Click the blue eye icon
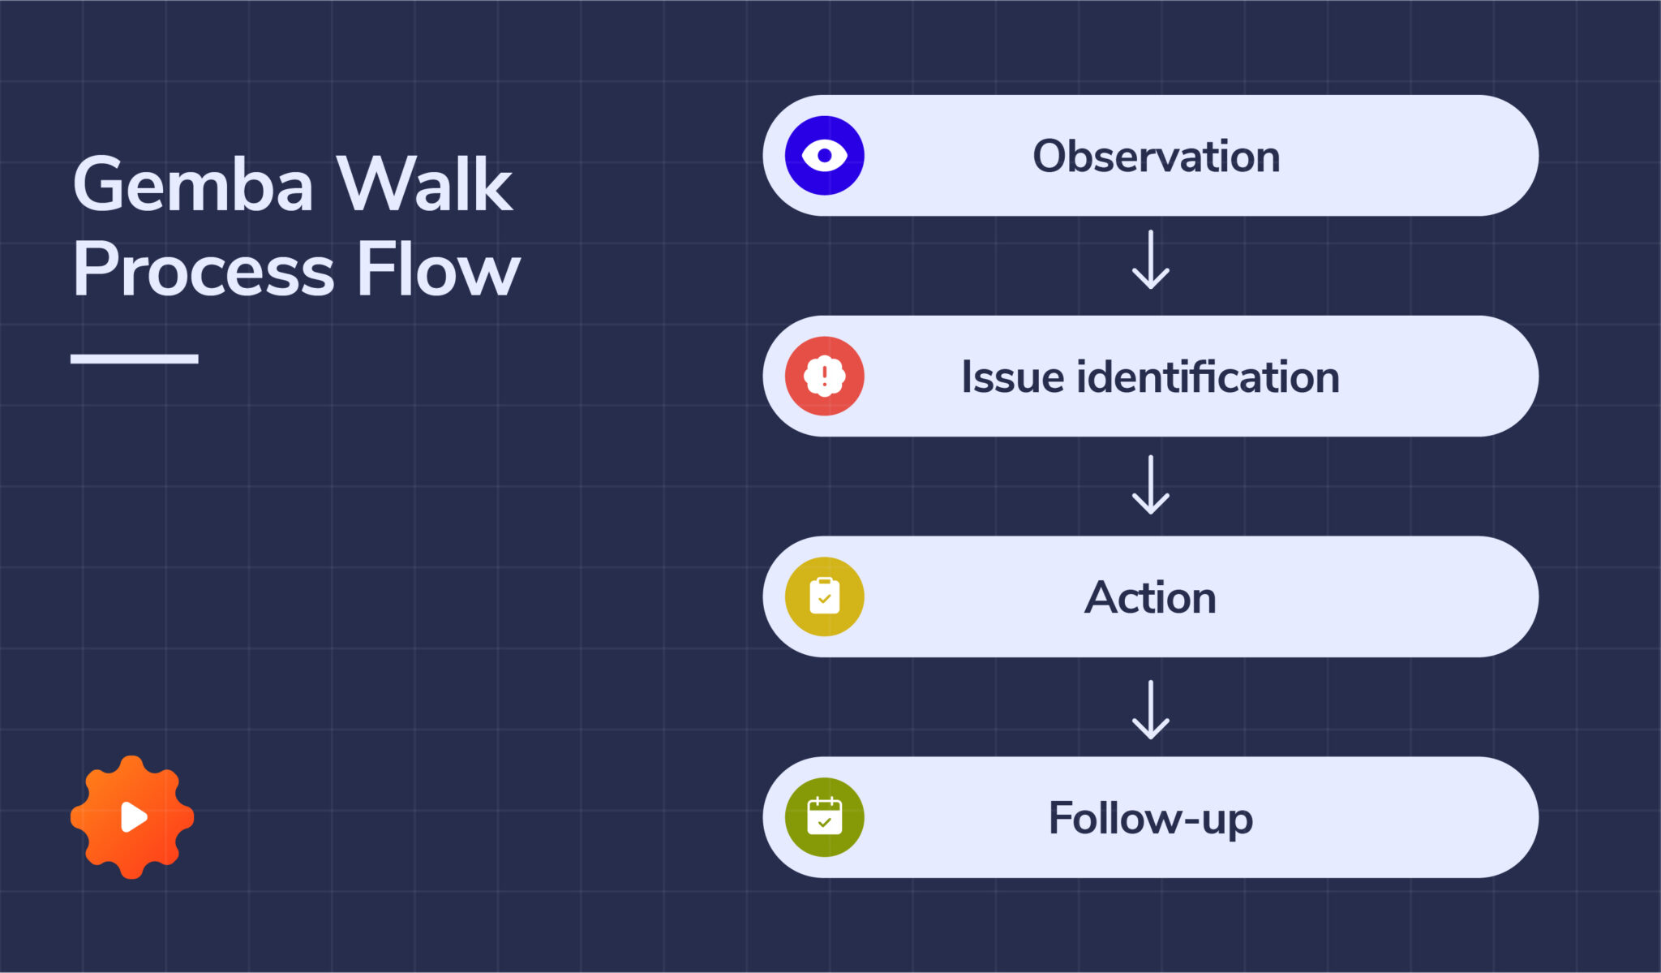click(x=824, y=155)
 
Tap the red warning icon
click(x=824, y=376)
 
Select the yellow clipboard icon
click(x=824, y=596)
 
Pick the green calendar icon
click(x=824, y=817)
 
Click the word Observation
click(x=1156, y=156)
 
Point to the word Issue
click(x=1011, y=377)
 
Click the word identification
click(x=1208, y=377)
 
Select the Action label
click(x=1150, y=598)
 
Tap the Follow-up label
click(x=1150, y=819)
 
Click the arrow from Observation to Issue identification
click(x=1150, y=260)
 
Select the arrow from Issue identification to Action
click(x=1150, y=484)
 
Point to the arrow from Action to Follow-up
click(x=1150, y=709)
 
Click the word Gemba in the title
click(x=193, y=185)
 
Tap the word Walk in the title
click(x=424, y=185)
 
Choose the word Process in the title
click(x=203, y=270)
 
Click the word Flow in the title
click(x=438, y=270)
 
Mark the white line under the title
click(x=134, y=359)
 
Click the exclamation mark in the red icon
click(x=824, y=376)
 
